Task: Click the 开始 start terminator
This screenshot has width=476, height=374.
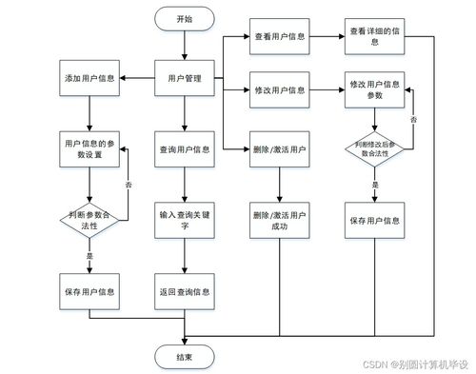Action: [x=184, y=19]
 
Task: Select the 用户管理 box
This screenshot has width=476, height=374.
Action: [x=184, y=78]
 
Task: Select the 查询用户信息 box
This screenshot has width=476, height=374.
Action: [x=184, y=148]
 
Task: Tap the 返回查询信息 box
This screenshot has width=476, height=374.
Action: [x=184, y=290]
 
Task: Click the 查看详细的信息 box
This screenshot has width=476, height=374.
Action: [x=375, y=36]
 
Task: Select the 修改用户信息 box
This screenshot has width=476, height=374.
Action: [x=280, y=89]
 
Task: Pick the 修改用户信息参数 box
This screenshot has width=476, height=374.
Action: [x=375, y=89]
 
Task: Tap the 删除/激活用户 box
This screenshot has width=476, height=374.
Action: [x=280, y=148]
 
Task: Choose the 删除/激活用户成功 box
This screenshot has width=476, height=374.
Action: [x=280, y=221]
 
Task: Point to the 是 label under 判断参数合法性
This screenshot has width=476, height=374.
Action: [x=89, y=256]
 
